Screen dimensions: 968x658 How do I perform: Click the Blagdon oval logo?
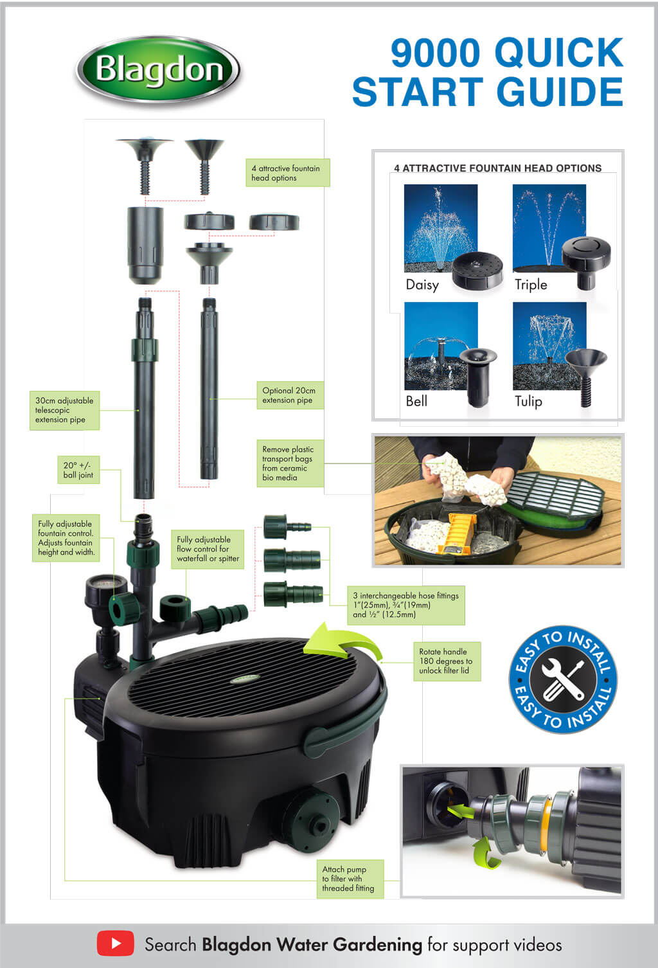[x=158, y=70]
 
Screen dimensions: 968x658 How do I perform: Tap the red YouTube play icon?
[x=115, y=944]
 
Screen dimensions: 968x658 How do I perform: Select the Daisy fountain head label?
[x=422, y=285]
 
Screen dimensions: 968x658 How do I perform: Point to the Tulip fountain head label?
[x=528, y=401]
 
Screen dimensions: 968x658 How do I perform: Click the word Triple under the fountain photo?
[x=531, y=285]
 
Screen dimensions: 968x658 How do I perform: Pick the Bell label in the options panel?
[x=416, y=401]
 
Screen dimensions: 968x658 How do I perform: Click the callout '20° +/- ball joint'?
[x=78, y=470]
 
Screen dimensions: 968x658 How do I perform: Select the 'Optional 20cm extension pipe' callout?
[x=289, y=395]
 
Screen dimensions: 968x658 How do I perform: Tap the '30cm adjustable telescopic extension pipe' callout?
[x=64, y=410]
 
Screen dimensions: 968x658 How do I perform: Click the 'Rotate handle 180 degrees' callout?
[x=445, y=661]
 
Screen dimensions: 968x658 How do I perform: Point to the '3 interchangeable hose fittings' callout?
[x=405, y=605]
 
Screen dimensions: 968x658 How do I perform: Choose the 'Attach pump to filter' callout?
[x=348, y=879]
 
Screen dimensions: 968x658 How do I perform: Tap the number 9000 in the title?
[x=435, y=53]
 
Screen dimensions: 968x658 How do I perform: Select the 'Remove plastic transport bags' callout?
[x=288, y=463]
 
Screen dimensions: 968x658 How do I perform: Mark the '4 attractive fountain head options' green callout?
[x=287, y=173]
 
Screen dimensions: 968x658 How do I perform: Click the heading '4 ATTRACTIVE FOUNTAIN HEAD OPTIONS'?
[x=497, y=168]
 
